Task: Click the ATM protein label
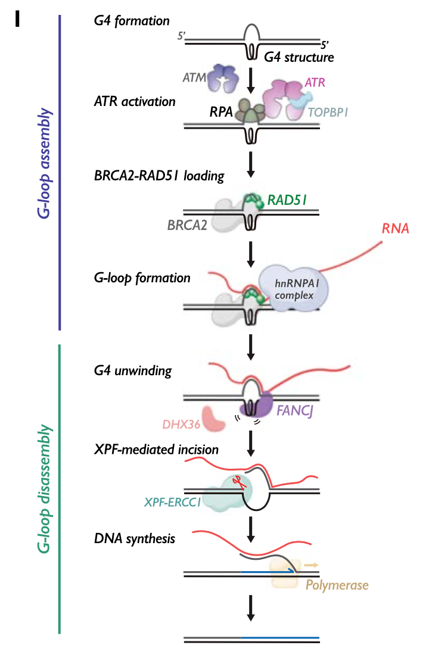point(194,78)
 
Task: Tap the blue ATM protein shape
point(223,78)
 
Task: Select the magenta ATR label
point(315,83)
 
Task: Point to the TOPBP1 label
point(328,113)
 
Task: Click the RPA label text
point(221,112)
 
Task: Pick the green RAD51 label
point(287,200)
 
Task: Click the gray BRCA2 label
point(187,225)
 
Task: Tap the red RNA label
point(396,229)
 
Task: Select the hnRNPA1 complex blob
point(294,288)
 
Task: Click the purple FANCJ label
point(295,410)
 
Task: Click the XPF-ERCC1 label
point(172,503)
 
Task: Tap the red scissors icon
point(239,482)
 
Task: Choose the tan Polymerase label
point(337,585)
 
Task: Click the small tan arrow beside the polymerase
point(311,565)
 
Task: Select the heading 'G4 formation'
point(132,21)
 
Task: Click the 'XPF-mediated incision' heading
point(156,450)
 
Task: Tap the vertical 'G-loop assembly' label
point(44,163)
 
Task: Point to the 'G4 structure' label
point(299,57)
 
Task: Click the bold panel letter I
point(17,18)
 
